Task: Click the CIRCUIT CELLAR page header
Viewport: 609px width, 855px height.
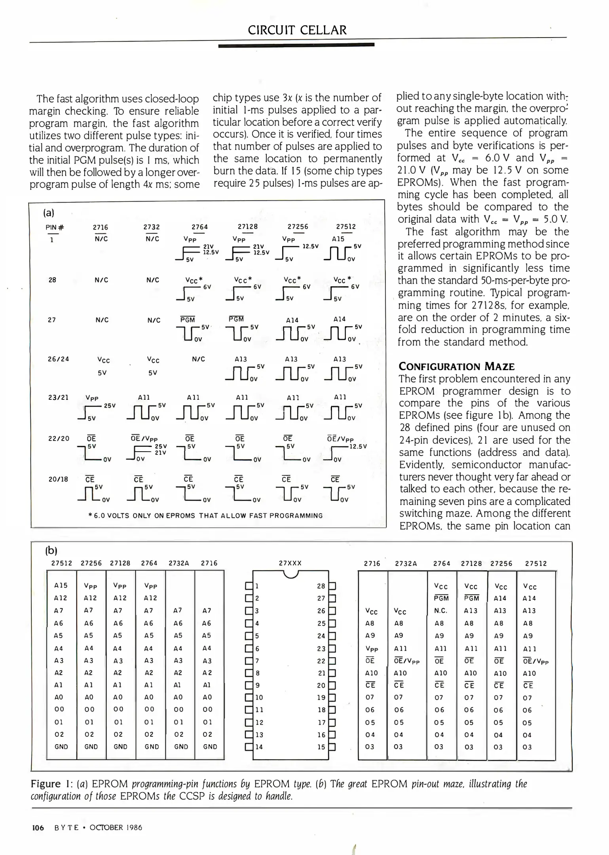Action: [297, 30]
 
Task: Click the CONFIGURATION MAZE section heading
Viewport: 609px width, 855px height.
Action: [456, 366]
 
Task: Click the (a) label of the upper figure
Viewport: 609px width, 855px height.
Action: [49, 213]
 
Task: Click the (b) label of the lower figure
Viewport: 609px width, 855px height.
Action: [51, 550]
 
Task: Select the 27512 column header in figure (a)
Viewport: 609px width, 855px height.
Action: [346, 227]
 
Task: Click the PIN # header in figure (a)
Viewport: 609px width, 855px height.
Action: [55, 227]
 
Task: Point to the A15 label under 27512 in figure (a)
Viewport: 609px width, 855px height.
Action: [338, 239]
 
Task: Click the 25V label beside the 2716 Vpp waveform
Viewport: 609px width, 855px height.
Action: [110, 406]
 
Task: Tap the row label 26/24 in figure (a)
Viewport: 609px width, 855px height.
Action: [58, 359]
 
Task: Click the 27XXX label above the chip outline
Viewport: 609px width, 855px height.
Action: [290, 563]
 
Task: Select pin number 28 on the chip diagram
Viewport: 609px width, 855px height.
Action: [321, 586]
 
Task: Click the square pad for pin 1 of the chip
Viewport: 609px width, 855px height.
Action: [249, 586]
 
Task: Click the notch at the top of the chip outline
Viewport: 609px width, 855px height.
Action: [291, 574]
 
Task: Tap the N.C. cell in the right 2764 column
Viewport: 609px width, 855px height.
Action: [440, 611]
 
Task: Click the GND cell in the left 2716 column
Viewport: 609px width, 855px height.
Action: [210, 747]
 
